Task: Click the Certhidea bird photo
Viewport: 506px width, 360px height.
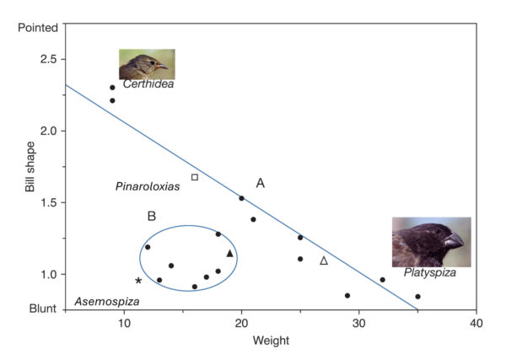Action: tap(143, 64)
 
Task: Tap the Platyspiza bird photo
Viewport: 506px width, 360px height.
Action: tap(431, 242)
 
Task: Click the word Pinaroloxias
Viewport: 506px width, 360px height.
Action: tap(148, 186)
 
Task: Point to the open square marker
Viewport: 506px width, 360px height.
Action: tap(195, 177)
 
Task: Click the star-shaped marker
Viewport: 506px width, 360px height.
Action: tap(138, 281)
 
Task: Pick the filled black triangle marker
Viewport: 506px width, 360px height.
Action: tap(229, 253)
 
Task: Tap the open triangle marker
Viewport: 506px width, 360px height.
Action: tap(324, 261)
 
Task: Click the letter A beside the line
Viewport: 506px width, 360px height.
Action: tap(261, 183)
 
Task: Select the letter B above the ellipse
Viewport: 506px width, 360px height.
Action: tap(152, 216)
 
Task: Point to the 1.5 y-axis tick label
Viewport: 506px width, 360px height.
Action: tap(48, 203)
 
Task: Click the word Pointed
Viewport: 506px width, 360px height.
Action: tap(39, 28)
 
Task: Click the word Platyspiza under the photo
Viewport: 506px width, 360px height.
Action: tap(430, 272)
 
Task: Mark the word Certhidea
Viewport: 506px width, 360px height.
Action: tap(148, 84)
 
